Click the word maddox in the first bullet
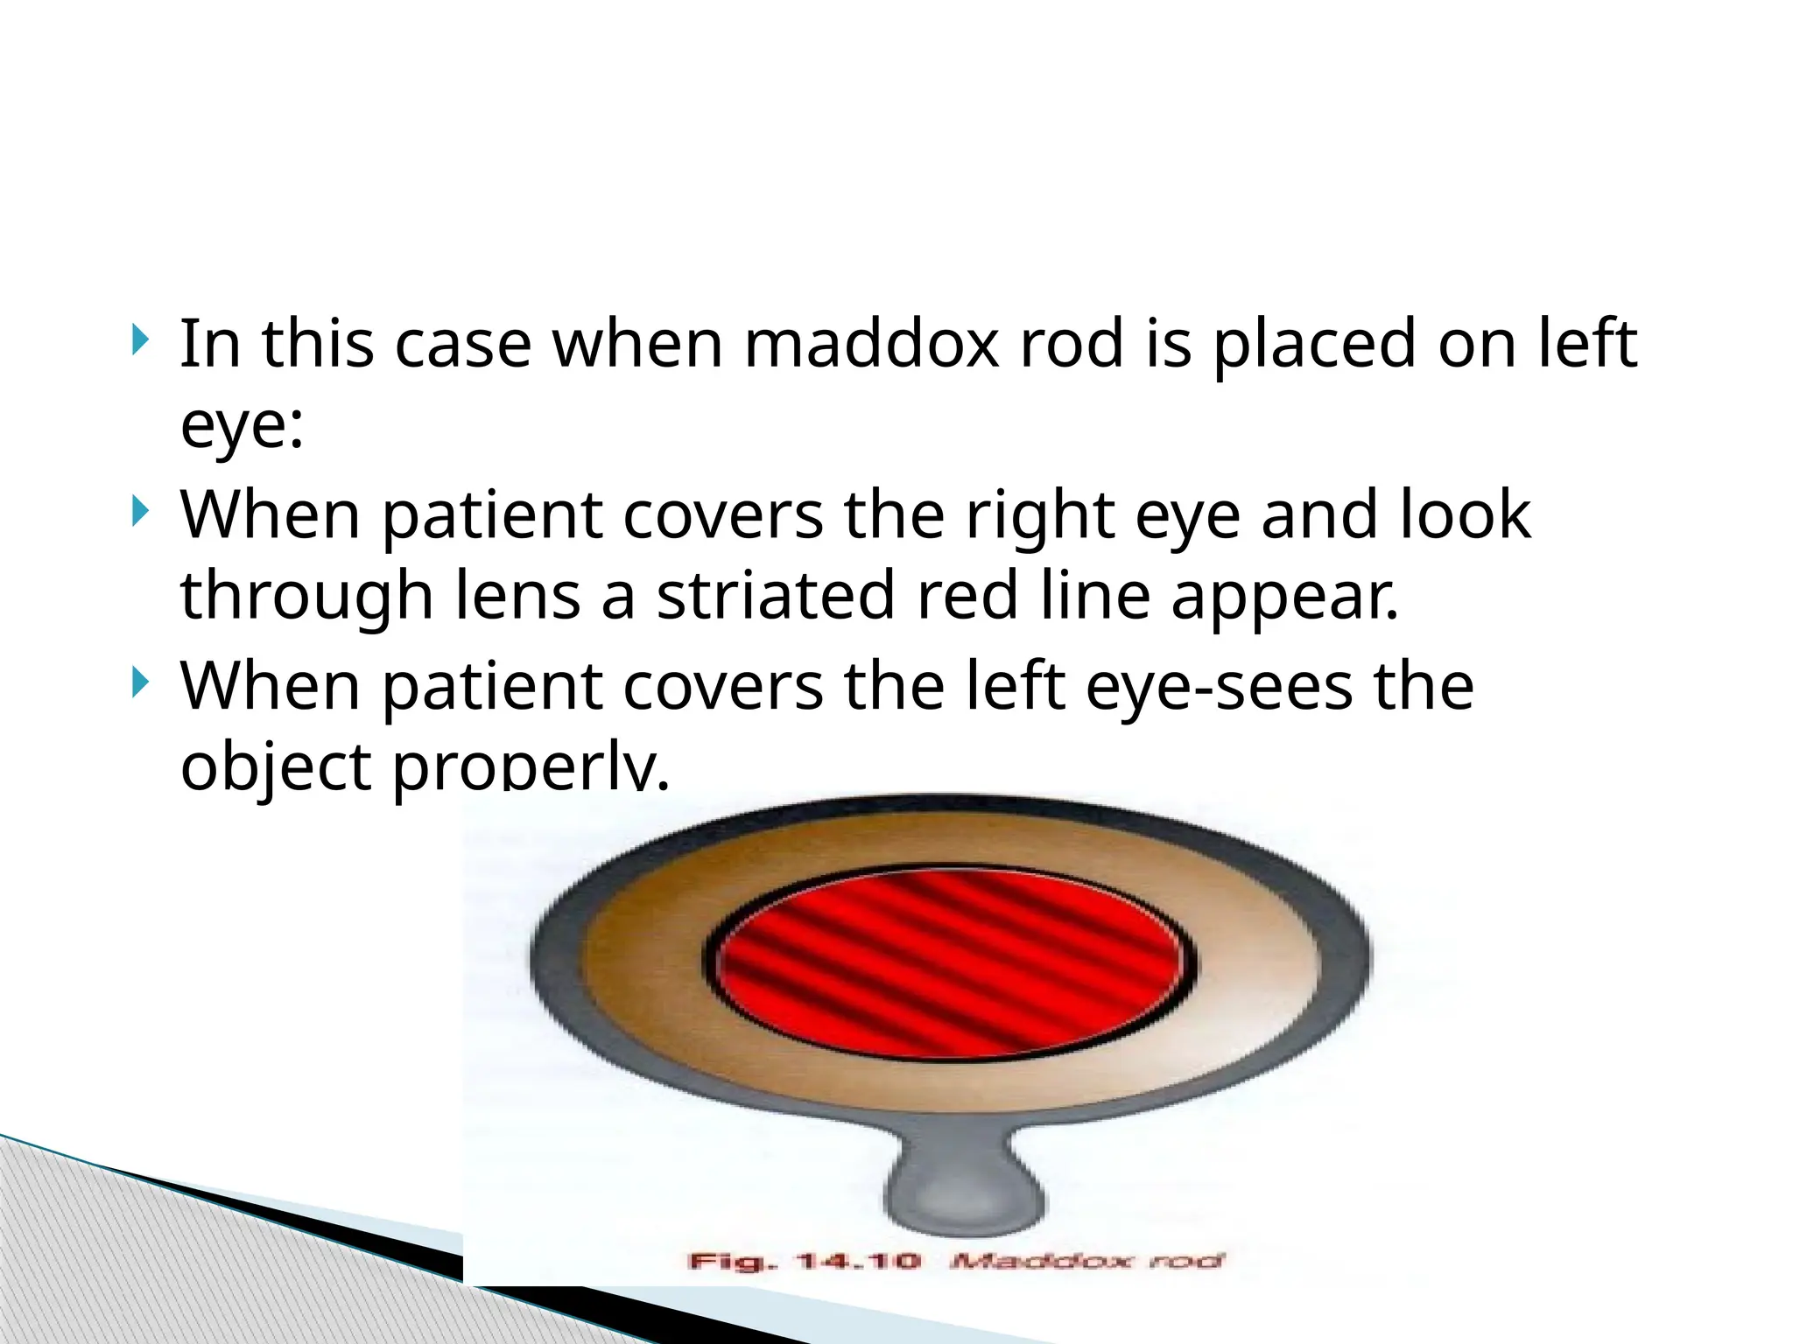[x=871, y=345]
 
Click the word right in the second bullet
[x=1040, y=516]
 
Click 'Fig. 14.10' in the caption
[x=805, y=1261]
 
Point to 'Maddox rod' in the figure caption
[x=1086, y=1261]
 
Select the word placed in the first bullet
[x=1314, y=345]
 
